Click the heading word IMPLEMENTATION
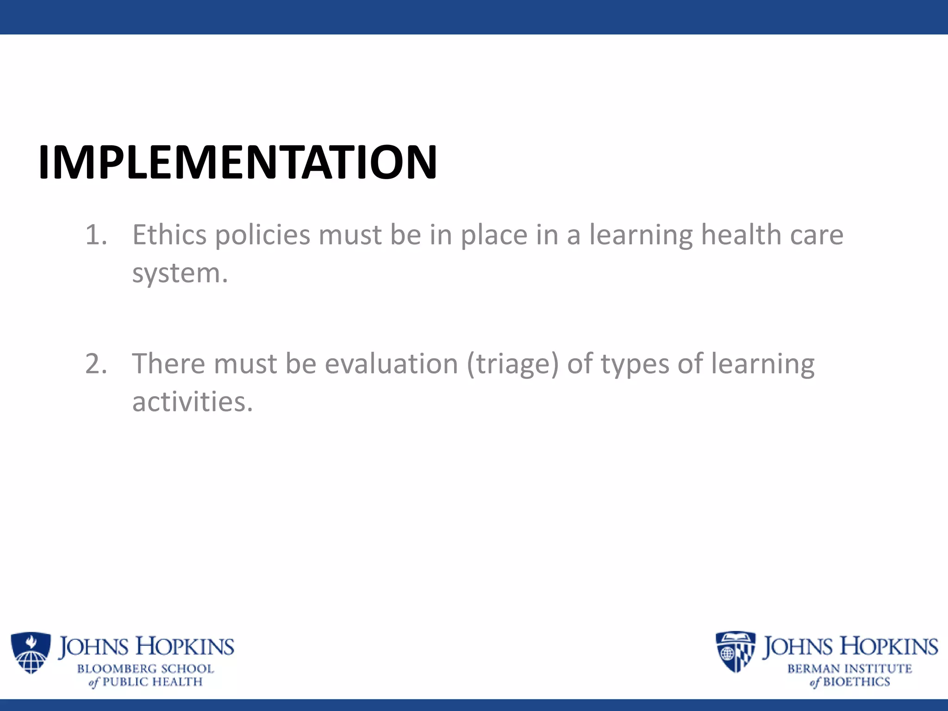point(237,162)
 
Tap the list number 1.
point(96,235)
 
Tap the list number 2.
point(96,364)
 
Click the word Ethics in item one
point(169,235)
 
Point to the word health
point(741,235)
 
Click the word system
point(180,274)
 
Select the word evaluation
point(391,364)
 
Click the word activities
point(192,402)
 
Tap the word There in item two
point(168,364)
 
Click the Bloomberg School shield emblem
point(31,653)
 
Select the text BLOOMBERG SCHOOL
point(145,669)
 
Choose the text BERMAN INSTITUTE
point(849,669)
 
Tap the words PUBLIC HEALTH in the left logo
point(152,682)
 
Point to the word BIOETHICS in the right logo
point(856,682)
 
